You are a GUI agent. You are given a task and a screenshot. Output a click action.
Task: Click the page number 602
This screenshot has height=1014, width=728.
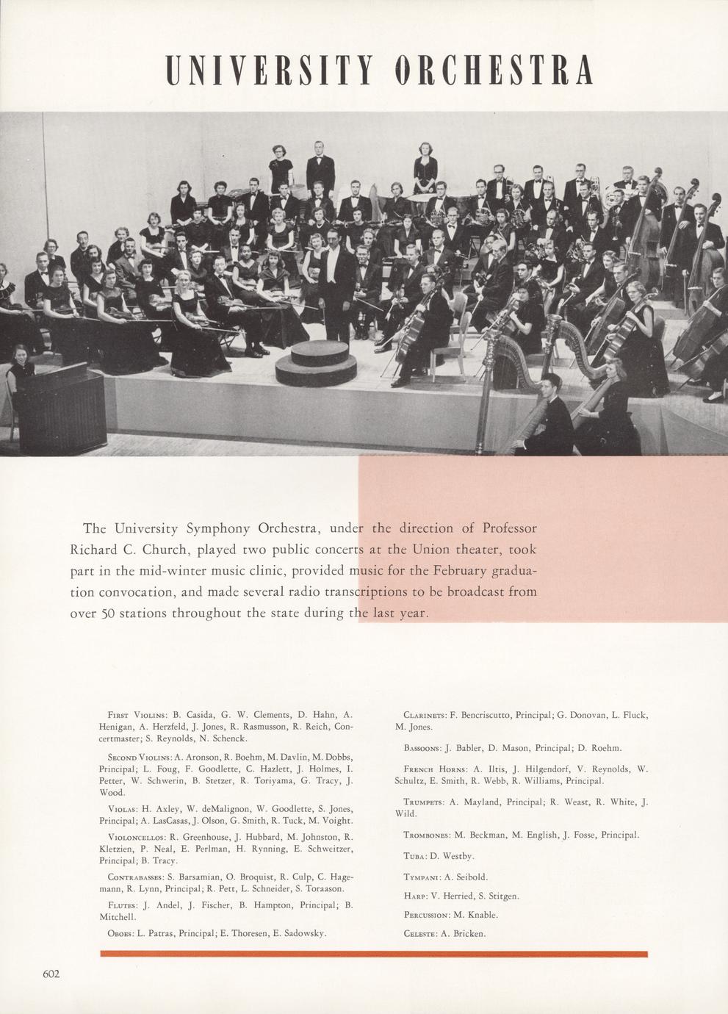(51, 974)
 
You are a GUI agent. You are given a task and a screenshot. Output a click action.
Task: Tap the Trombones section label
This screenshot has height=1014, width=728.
(428, 835)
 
